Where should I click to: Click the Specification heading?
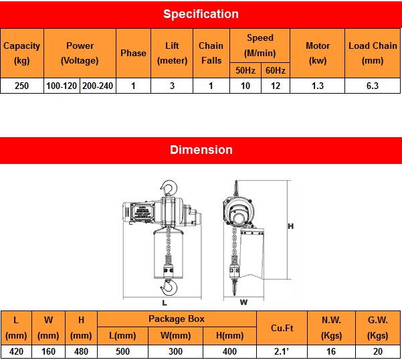click(x=201, y=14)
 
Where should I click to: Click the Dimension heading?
click(x=201, y=150)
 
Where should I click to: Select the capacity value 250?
click(x=22, y=86)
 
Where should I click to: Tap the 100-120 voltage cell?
click(x=62, y=86)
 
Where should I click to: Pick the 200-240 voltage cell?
click(x=98, y=86)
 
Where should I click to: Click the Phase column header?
click(x=133, y=53)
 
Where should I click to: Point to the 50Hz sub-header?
click(x=245, y=70)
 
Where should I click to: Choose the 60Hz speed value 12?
click(x=276, y=86)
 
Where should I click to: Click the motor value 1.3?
click(x=318, y=86)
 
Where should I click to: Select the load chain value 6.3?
click(x=373, y=86)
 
